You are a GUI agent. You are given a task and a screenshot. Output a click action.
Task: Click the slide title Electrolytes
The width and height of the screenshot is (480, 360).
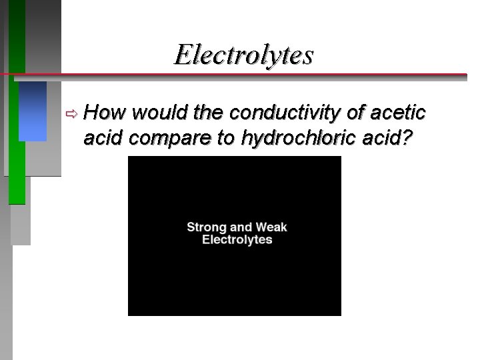click(243, 55)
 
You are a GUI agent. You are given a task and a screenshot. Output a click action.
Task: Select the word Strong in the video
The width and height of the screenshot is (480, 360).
click(207, 227)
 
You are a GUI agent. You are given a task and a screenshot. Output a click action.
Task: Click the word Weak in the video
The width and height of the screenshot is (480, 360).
click(271, 227)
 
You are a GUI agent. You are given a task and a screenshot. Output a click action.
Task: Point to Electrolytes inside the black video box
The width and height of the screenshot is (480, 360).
click(237, 240)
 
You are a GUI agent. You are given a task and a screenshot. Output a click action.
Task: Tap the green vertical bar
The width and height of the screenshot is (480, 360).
click(17, 133)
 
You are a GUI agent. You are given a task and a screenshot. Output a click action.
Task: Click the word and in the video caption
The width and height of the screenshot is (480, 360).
click(241, 227)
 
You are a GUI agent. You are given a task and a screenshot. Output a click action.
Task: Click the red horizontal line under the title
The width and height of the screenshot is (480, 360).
click(267, 73)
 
